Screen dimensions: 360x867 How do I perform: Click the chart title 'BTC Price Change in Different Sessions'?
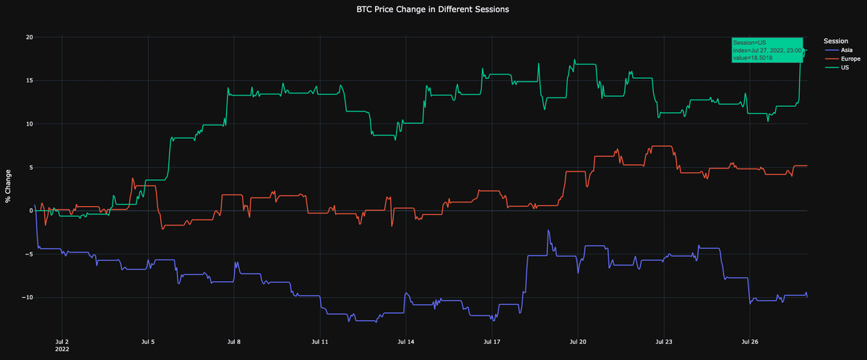click(x=433, y=10)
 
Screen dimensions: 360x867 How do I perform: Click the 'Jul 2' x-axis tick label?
click(x=62, y=340)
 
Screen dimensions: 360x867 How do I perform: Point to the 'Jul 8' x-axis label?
click(x=233, y=340)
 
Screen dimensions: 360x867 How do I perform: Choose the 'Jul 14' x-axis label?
click(x=405, y=340)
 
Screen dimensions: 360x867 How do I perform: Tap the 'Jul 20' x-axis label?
click(x=577, y=340)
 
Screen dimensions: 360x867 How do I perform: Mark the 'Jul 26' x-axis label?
click(x=750, y=340)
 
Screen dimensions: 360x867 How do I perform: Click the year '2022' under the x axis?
click(x=62, y=348)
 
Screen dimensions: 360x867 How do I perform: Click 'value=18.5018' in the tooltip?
click(x=753, y=58)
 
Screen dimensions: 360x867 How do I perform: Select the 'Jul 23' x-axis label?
click(x=664, y=340)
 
